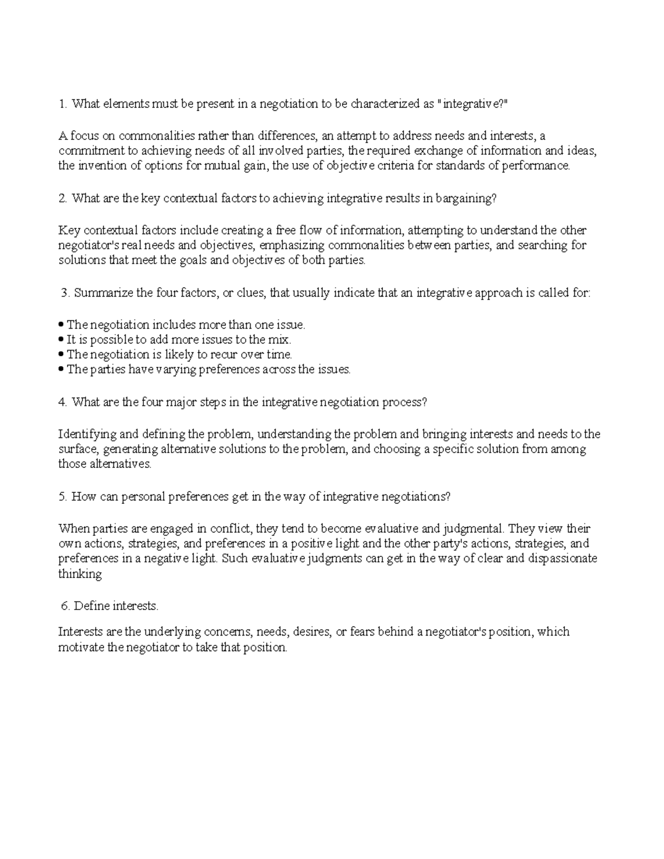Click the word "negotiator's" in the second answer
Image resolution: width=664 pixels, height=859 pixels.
coord(89,245)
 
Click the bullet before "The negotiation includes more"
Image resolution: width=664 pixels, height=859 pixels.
coord(61,325)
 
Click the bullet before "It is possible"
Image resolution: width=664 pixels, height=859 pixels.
coord(61,340)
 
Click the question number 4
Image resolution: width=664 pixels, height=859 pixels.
coord(62,402)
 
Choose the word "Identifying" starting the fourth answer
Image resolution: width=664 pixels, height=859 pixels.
coord(85,434)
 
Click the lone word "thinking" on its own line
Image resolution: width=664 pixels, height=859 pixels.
coord(80,574)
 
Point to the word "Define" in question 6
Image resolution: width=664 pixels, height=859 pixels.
coord(91,606)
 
